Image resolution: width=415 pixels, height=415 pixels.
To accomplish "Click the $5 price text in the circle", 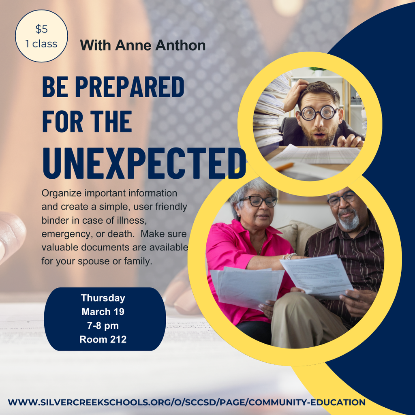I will [x=41, y=29].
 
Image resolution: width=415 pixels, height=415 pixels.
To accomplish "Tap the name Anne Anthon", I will [x=160, y=45].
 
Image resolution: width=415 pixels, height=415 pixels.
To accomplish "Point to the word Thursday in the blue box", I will [x=103, y=298].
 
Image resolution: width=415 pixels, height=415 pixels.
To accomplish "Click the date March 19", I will [x=103, y=312].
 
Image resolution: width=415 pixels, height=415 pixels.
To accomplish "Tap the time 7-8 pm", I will [x=103, y=325].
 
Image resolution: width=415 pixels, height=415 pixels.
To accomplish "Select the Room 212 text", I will [x=103, y=340].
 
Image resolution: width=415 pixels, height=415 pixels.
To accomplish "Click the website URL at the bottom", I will [x=186, y=402].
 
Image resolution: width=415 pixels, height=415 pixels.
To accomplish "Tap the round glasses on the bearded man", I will [x=319, y=113].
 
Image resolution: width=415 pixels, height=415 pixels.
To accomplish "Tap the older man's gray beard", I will [x=349, y=221].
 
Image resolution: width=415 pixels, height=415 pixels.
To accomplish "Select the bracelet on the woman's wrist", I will [x=290, y=256].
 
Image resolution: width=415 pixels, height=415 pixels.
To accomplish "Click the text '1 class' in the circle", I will [x=41, y=44].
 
